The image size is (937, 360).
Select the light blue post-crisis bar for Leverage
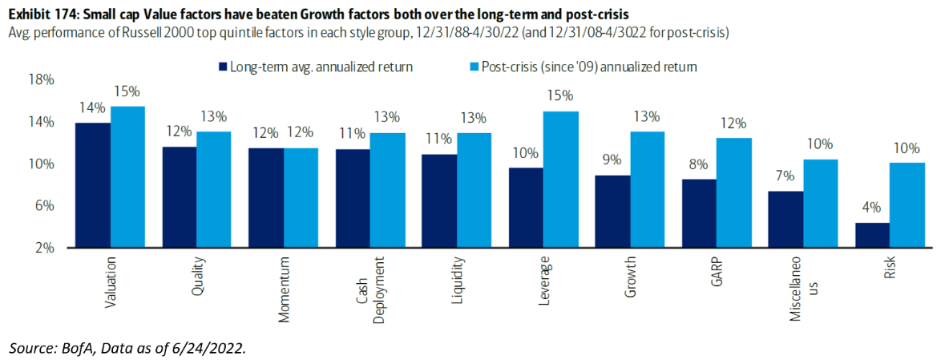click(x=562, y=180)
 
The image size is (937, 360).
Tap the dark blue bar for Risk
click(x=872, y=235)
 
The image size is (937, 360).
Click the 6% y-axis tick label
click(x=44, y=206)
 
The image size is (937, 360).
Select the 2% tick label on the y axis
click(x=44, y=248)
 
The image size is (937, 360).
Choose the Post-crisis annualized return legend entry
click(x=589, y=67)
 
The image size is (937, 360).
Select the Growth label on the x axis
click(x=631, y=277)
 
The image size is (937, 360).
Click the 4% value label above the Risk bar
click(x=872, y=210)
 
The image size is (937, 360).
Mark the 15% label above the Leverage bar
click(x=562, y=96)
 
